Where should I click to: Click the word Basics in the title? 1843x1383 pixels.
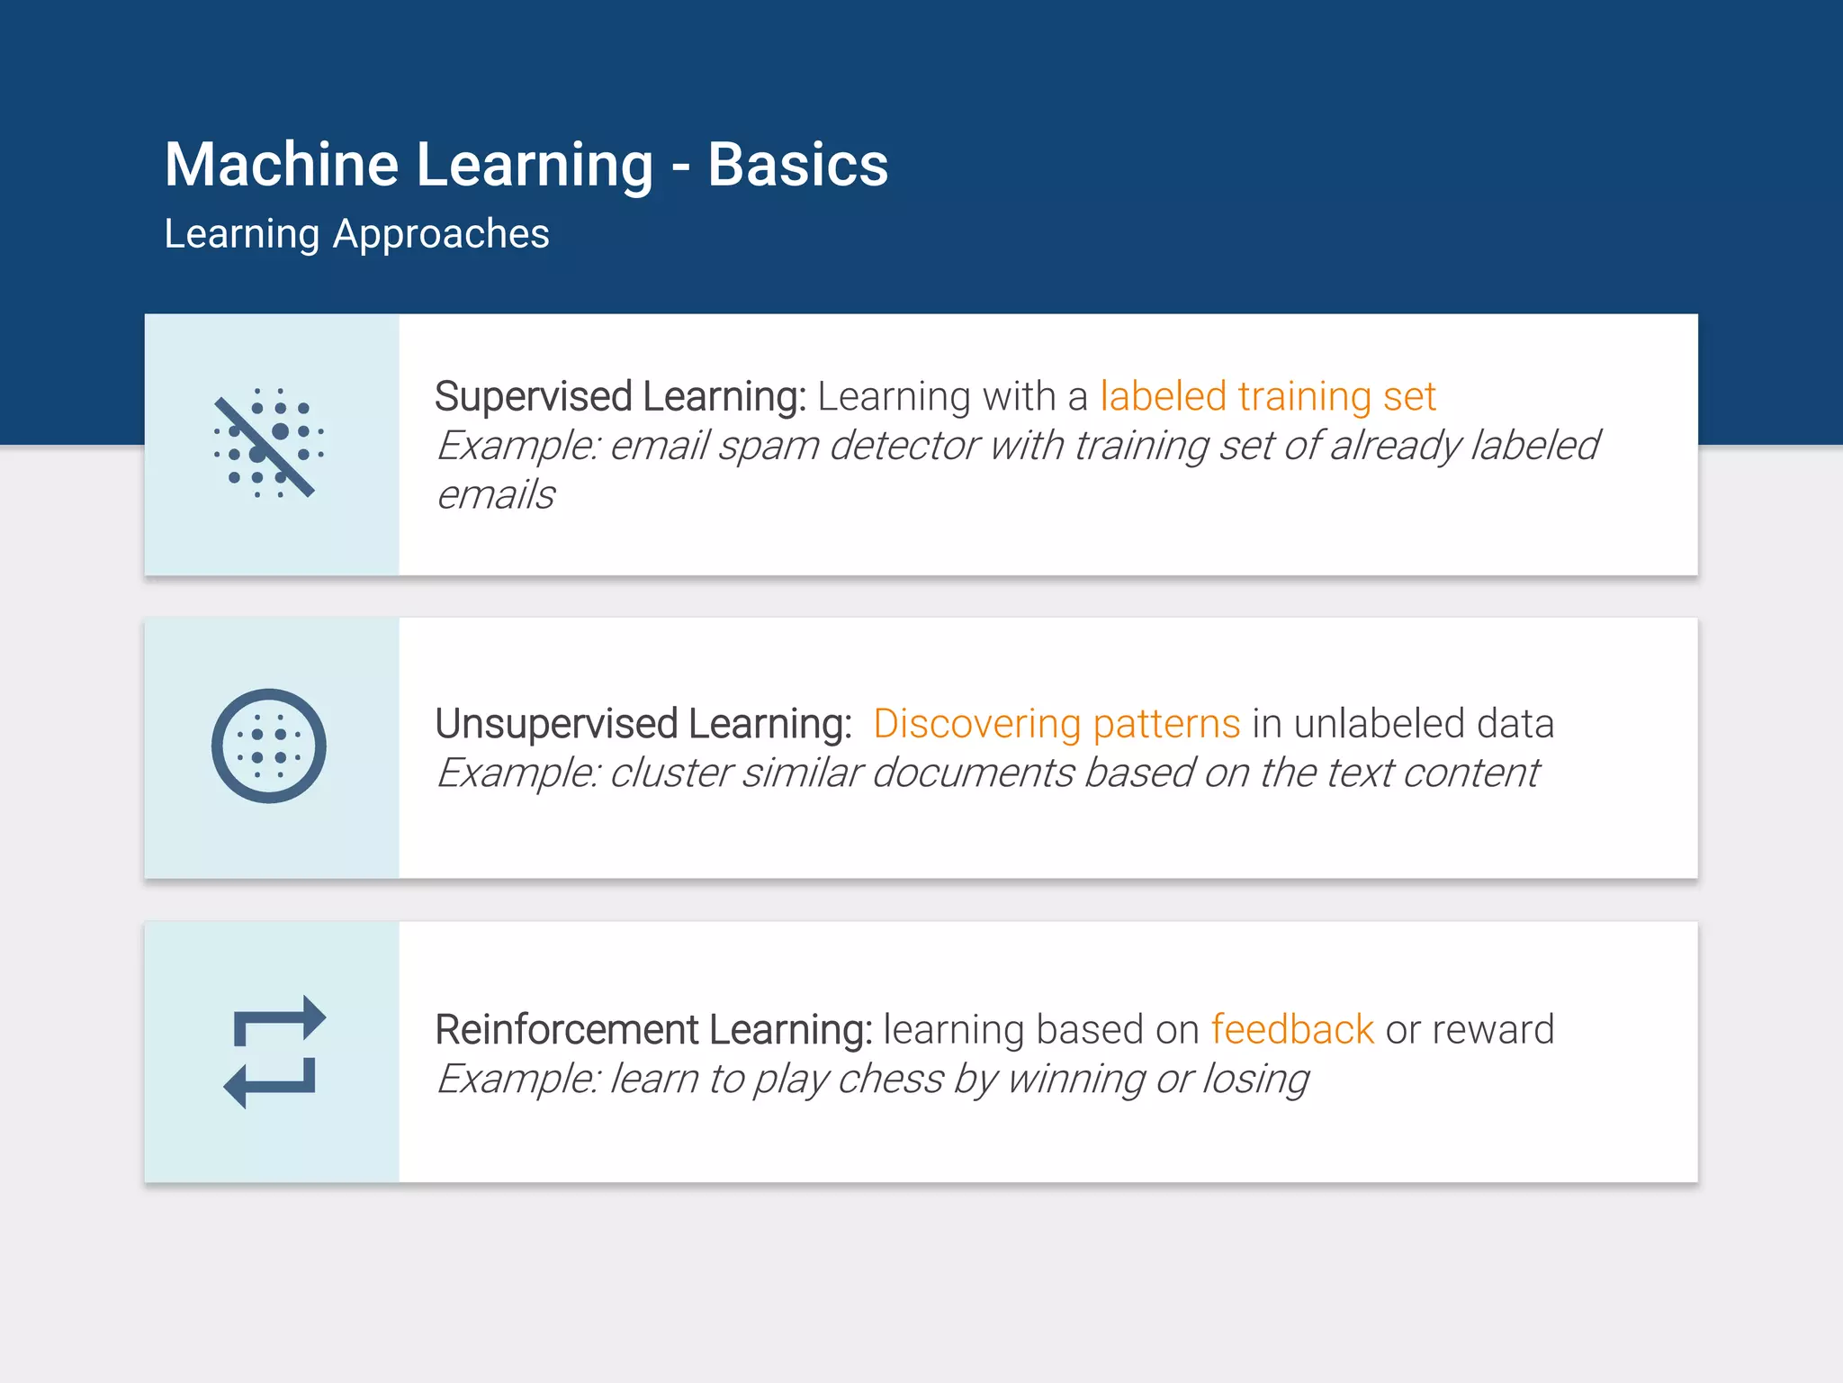(797, 165)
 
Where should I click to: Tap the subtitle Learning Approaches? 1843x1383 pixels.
(356, 234)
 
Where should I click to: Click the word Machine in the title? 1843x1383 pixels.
(282, 165)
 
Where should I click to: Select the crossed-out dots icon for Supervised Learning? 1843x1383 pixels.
(268, 443)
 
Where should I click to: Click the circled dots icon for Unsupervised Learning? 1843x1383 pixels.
(268, 746)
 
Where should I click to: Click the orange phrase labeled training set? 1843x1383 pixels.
(1267, 396)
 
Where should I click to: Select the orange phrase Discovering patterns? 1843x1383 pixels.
(1056, 724)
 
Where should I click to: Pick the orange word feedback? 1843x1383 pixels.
(1292, 1029)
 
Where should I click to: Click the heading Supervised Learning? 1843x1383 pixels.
(620, 396)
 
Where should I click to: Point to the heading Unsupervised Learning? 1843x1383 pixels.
(643, 724)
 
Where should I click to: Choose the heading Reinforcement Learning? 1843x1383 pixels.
(653, 1029)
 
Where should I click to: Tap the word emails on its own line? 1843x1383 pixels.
(496, 495)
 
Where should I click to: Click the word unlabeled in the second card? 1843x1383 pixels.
(1370, 724)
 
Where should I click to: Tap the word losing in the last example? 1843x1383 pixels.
(1255, 1079)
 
